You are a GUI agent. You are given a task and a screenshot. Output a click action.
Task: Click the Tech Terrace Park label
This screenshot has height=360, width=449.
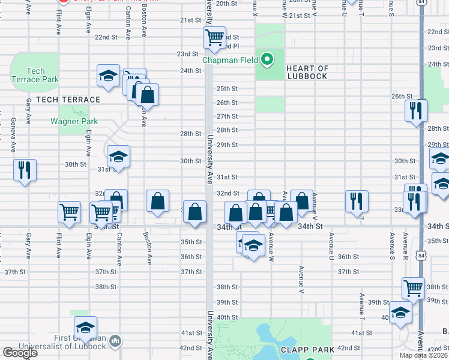click(35, 75)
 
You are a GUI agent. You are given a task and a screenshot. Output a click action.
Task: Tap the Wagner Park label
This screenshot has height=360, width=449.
click(74, 121)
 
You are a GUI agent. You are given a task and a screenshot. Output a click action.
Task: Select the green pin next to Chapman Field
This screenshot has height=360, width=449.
click(268, 59)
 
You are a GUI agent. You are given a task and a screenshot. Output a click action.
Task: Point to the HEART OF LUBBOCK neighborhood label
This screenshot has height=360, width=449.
click(307, 72)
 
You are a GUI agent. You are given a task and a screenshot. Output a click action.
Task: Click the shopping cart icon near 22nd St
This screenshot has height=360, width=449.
click(214, 38)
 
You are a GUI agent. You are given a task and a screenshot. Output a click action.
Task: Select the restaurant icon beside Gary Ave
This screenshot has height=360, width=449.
click(25, 169)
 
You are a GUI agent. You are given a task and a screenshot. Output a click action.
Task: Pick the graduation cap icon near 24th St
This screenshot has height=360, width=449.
click(109, 76)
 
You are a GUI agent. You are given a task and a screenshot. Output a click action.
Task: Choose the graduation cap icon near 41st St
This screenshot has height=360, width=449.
click(86, 328)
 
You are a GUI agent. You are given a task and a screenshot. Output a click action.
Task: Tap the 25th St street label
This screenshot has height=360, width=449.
click(227, 88)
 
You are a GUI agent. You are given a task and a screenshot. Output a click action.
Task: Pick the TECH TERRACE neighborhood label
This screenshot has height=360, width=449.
click(68, 100)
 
